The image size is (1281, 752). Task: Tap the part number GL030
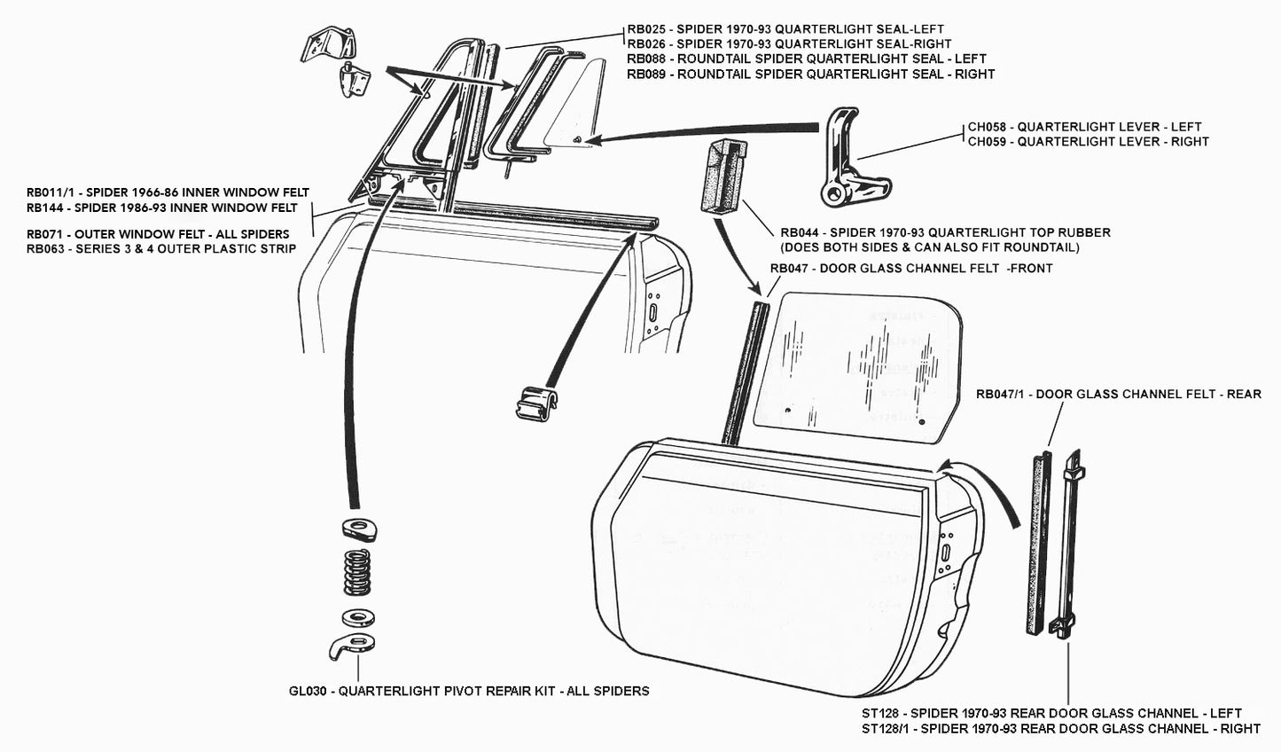[309, 691]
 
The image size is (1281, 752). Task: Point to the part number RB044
[801, 232]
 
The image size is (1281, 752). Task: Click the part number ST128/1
[891, 728]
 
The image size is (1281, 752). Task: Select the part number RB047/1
[1001, 394]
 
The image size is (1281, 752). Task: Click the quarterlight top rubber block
[723, 176]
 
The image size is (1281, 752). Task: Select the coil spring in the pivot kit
[357, 572]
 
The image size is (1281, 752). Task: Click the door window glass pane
[858, 368]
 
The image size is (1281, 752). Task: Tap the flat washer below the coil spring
[357, 616]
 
